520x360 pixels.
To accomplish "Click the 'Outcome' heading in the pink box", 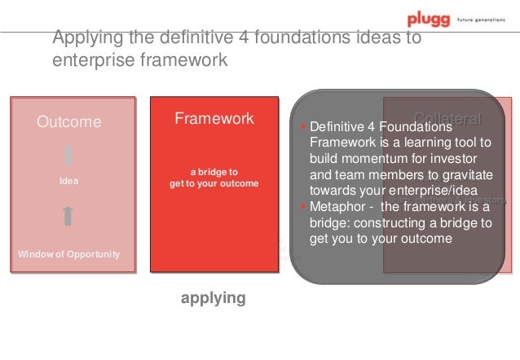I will (69, 122).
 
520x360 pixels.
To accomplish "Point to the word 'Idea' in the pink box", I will (69, 181).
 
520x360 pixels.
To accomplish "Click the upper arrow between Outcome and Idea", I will (69, 155).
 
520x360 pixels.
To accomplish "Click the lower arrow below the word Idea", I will (69, 215).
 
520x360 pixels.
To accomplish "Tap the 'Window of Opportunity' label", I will (69, 254).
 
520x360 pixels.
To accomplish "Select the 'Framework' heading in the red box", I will (214, 119).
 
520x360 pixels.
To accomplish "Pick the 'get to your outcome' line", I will (214, 183).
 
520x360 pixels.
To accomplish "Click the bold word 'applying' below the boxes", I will (213, 298).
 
